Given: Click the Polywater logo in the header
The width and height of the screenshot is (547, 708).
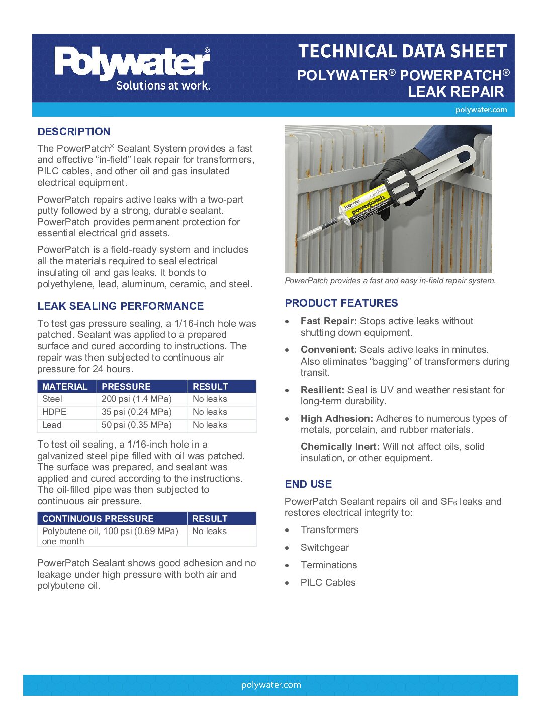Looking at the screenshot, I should (x=132, y=68).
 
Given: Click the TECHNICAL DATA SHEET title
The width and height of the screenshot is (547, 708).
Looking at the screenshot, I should (x=402, y=51).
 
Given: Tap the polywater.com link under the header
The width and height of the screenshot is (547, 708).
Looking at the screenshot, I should (x=481, y=110).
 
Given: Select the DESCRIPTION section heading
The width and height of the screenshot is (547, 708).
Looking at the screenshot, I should (x=73, y=132).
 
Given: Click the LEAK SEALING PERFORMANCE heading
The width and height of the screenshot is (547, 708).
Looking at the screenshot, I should (x=120, y=306).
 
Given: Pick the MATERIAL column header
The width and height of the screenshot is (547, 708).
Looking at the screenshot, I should (x=65, y=386).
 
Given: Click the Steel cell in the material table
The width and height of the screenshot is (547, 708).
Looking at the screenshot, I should (x=52, y=399).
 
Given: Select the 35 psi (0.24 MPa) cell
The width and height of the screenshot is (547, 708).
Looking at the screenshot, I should (x=136, y=412).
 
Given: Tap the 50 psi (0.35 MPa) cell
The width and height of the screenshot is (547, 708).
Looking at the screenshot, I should (x=136, y=425).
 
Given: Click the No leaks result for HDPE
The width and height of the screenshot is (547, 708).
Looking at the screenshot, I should (x=210, y=412).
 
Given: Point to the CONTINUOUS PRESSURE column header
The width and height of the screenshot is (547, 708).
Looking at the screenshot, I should (x=98, y=518).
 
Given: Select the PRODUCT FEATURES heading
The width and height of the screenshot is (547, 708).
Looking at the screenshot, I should (x=341, y=303).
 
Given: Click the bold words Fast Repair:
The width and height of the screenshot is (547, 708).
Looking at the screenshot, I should (x=328, y=321).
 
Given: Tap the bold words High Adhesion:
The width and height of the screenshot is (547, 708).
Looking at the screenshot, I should (x=336, y=418).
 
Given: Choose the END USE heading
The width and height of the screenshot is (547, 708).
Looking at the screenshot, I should (x=308, y=484).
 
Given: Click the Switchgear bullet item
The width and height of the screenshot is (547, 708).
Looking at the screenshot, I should (x=325, y=547).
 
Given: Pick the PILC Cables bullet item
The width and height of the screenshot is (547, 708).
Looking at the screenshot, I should (x=328, y=582).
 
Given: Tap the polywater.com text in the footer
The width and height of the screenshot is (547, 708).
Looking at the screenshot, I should (x=271, y=685).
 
